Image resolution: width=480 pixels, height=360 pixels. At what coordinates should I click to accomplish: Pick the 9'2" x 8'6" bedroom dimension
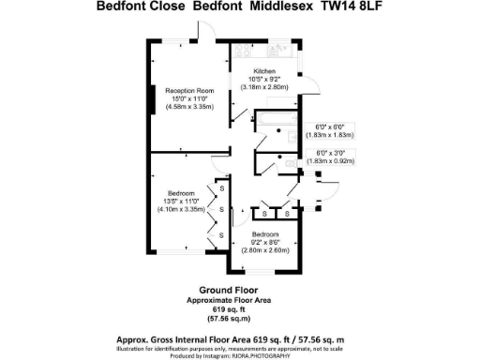click(265, 242)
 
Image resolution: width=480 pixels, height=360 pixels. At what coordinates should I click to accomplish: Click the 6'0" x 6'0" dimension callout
click(331, 128)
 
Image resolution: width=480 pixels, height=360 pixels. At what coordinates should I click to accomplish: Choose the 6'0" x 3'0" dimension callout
click(331, 153)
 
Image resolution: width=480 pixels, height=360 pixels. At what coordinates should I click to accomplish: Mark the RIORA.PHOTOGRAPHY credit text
click(272, 356)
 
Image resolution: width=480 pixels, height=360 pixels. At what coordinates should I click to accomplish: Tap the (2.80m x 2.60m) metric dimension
click(265, 249)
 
